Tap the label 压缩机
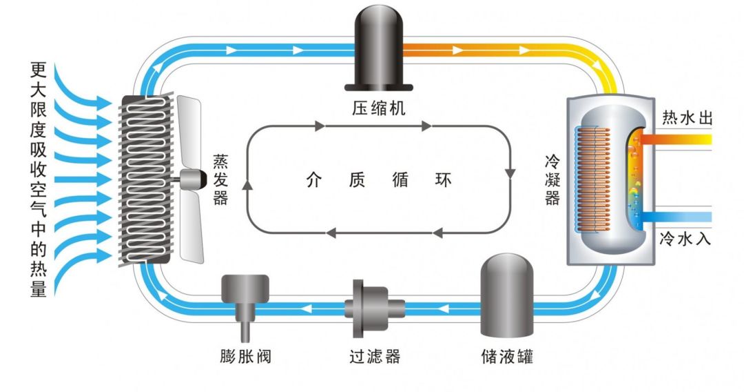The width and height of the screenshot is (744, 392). click(379, 108)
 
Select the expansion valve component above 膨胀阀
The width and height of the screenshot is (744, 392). click(245, 293)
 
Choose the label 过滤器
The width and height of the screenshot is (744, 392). click(373, 357)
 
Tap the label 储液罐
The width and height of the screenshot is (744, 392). click(507, 357)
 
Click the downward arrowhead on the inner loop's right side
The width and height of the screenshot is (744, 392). click(510, 173)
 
